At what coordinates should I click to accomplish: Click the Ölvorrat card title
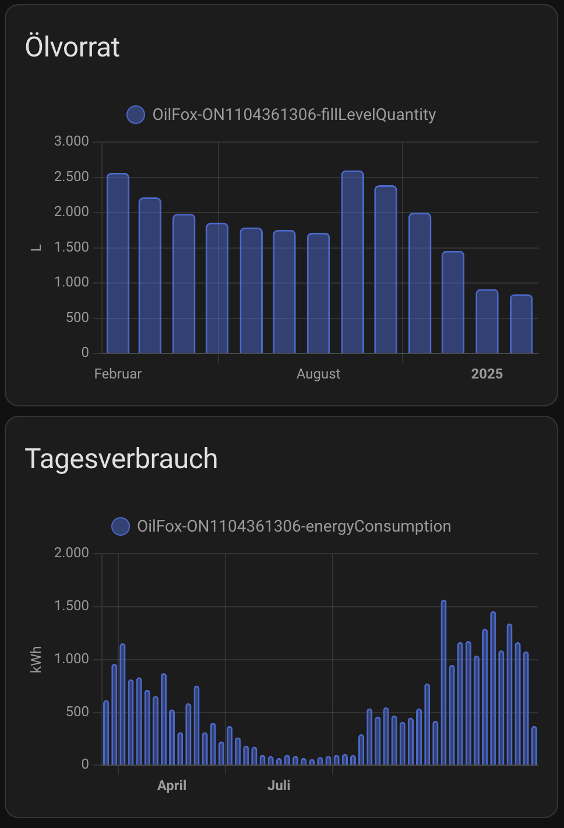coord(72,47)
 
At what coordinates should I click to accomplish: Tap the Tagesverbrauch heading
coord(121,459)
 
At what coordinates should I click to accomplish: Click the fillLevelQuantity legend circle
coord(136,115)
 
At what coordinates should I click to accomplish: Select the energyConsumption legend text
coord(294,526)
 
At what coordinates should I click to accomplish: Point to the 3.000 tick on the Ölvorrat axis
coord(72,141)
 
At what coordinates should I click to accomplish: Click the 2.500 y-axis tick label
coord(72,177)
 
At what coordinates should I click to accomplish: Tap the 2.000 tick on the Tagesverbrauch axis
coord(72,553)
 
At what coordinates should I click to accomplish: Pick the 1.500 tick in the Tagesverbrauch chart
coord(72,606)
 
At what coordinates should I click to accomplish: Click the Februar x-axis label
coord(118,374)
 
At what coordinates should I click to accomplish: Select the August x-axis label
coord(318,374)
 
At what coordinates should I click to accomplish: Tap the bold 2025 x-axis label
coord(487,374)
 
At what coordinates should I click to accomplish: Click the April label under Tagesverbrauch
coord(172,785)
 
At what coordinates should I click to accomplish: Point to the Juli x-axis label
coord(279,785)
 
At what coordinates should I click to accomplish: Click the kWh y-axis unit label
coord(36,660)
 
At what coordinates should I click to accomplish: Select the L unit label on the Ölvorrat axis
coord(36,248)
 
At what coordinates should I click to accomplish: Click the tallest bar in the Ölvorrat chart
coord(352,262)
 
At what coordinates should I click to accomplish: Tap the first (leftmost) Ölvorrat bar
coord(118,263)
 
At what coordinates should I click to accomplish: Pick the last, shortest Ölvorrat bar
coord(521,324)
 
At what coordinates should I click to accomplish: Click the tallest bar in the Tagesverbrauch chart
coord(443,682)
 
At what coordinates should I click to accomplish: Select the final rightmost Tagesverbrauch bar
coord(534,746)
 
